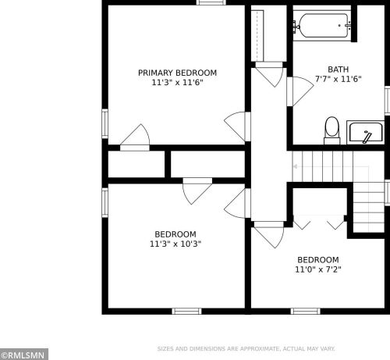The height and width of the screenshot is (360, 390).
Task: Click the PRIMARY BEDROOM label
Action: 177,73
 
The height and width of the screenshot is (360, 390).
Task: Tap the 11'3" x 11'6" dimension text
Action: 177,83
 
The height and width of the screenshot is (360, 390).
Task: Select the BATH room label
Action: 338,70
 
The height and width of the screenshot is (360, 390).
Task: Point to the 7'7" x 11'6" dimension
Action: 338,79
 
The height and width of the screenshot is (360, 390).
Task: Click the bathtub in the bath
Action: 323,26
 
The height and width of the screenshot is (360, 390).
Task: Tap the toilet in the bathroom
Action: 332,130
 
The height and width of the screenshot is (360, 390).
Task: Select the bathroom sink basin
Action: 366,133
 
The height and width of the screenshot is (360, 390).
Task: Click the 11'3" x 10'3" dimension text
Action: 175,244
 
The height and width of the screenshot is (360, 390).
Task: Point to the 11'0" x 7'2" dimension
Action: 318,269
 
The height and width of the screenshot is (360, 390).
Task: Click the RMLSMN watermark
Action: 24,355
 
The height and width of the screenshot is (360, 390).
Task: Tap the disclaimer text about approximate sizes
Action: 246,349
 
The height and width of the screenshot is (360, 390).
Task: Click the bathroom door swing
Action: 300,91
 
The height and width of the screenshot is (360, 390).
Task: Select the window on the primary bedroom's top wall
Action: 211,2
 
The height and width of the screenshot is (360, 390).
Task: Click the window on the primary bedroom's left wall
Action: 105,123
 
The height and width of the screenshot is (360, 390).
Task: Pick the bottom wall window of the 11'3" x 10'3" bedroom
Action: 186,312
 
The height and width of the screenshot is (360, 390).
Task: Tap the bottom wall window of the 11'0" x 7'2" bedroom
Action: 306,312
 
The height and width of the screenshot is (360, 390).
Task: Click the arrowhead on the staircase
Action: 295,166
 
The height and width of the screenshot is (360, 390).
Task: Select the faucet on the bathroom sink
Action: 367,137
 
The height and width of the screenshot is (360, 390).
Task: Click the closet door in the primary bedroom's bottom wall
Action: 135,137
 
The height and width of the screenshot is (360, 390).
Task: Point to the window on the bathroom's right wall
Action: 388,101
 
